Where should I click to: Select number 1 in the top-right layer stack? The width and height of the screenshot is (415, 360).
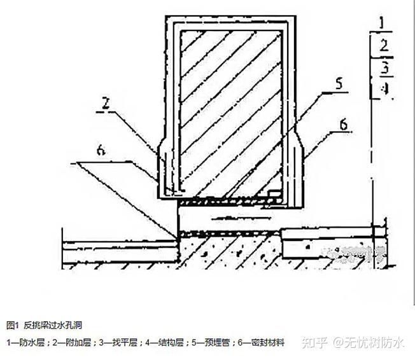[382, 24]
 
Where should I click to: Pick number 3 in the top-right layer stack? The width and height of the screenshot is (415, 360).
[383, 67]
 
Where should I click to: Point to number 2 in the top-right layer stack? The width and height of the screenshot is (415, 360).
[383, 45]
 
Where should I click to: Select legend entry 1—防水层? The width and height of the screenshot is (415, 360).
[25, 342]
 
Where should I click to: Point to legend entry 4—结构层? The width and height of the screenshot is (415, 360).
[166, 342]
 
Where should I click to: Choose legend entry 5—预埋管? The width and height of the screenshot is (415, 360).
[213, 342]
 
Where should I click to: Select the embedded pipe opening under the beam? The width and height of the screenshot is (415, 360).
[229, 218]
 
